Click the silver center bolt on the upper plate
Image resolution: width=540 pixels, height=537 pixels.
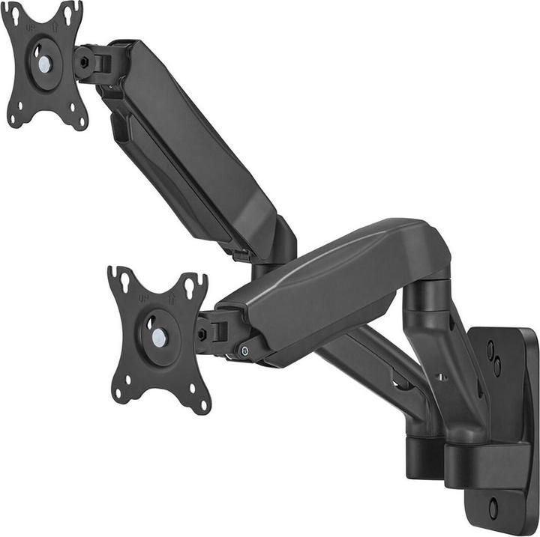point(45,64)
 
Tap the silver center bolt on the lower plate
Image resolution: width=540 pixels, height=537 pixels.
point(158,337)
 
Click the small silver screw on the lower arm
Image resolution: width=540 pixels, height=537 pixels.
point(244,351)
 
